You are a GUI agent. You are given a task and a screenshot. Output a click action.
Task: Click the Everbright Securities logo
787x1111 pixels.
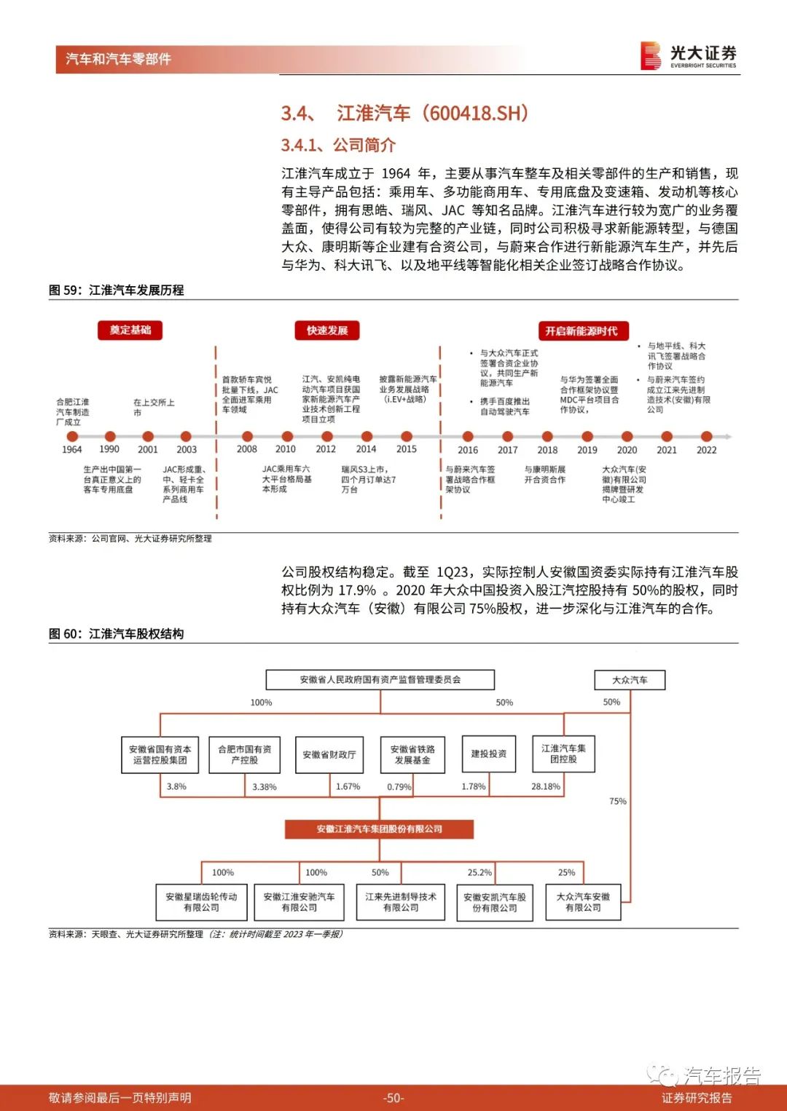click(x=689, y=55)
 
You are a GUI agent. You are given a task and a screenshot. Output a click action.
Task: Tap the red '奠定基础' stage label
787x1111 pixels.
click(x=130, y=331)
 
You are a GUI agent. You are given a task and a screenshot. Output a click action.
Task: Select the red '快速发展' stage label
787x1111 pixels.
click(x=327, y=331)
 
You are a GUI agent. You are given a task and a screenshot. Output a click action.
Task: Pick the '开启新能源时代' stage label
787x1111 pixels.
click(x=582, y=331)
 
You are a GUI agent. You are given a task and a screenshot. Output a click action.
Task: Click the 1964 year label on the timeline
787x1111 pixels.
click(x=71, y=450)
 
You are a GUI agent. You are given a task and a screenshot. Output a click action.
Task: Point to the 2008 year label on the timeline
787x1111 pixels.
click(x=246, y=449)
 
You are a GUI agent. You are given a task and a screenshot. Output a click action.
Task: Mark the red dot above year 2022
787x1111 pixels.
click(x=706, y=437)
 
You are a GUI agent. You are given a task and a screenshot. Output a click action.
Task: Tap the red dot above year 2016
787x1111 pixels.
click(x=468, y=437)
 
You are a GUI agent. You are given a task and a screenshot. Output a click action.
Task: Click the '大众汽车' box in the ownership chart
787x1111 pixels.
click(x=630, y=680)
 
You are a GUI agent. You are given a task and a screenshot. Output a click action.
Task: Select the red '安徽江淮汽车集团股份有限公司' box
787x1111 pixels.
click(x=379, y=829)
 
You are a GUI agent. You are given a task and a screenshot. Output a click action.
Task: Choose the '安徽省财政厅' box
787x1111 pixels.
click(x=329, y=755)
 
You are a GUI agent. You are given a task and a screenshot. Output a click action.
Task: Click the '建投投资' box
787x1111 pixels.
click(x=489, y=754)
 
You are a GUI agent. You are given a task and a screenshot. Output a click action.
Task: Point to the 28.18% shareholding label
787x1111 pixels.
click(x=545, y=787)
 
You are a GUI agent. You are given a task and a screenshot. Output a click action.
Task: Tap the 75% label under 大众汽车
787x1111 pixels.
click(x=617, y=802)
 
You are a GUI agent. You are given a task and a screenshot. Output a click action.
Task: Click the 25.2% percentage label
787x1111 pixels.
click(x=479, y=872)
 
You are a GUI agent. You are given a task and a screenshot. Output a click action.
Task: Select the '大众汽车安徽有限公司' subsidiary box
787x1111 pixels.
click(x=583, y=902)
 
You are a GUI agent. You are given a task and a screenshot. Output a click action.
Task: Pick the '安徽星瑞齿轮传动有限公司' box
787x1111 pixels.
click(x=201, y=903)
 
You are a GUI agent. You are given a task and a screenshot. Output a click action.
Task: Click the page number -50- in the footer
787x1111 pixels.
click(x=393, y=1098)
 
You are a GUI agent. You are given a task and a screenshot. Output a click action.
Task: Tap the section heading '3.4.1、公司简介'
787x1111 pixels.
click(x=338, y=145)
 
